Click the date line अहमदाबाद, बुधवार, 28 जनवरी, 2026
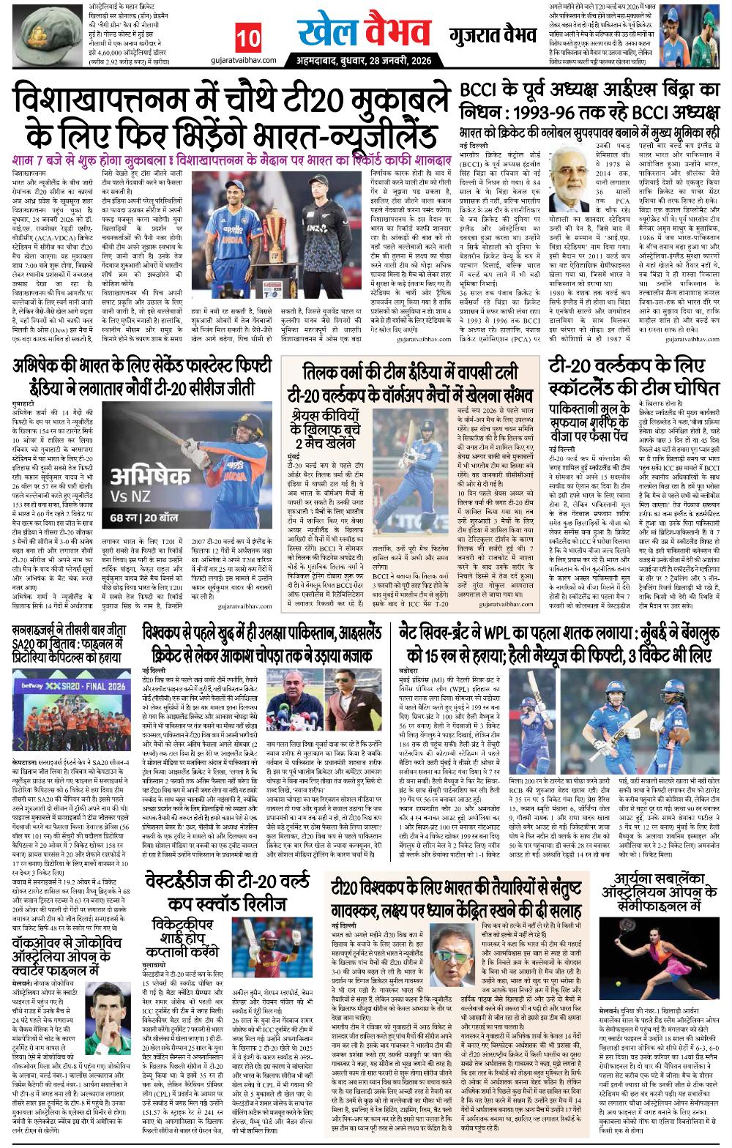pos(358,59)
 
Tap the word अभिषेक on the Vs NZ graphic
pos(146,478)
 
